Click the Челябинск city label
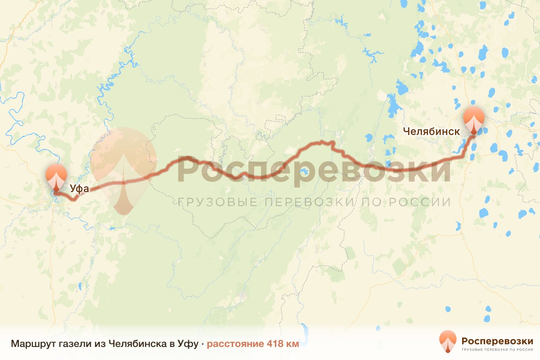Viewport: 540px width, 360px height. click(431, 131)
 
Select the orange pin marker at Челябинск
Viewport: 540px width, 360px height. click(474, 119)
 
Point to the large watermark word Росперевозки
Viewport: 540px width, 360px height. click(314, 169)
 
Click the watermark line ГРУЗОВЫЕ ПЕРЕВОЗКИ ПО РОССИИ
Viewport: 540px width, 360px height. click(314, 202)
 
